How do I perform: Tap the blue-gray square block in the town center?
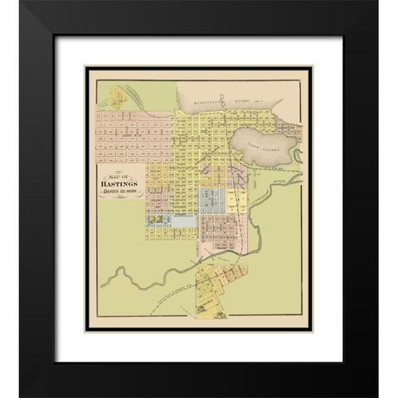click(211, 199)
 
